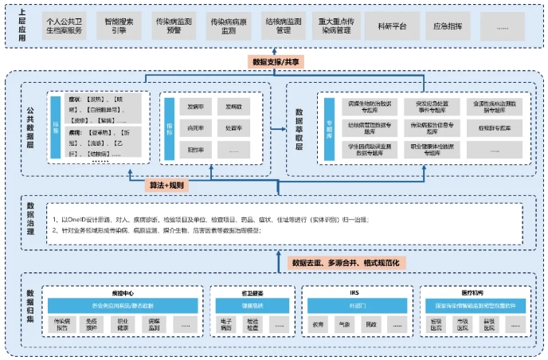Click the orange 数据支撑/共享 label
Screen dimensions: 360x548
pos(275,61)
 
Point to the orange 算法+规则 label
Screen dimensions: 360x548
pos(167,185)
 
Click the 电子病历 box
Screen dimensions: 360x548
pos(225,326)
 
